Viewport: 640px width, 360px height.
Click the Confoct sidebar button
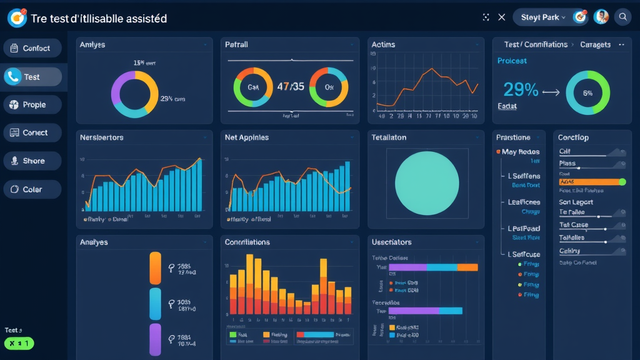(x=32, y=48)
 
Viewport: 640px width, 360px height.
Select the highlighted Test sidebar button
(x=32, y=77)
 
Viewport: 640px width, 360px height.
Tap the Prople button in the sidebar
(x=32, y=104)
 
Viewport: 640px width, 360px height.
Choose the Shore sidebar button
(x=32, y=161)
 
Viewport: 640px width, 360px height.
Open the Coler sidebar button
(x=32, y=189)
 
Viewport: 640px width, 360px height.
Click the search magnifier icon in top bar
(x=622, y=17)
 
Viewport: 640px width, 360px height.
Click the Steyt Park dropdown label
(x=541, y=17)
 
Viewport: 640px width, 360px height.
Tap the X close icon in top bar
(x=501, y=17)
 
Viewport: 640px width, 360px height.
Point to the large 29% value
(x=520, y=90)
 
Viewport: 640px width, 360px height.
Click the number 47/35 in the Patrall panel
(x=291, y=87)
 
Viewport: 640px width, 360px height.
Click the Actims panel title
(x=383, y=45)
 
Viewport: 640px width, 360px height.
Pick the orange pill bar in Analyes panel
(x=156, y=268)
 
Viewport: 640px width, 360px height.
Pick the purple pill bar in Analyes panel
(x=156, y=339)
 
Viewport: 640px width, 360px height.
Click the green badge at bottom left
(x=19, y=344)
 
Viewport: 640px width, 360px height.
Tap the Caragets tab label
(x=595, y=45)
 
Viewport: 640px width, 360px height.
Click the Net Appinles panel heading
(x=246, y=137)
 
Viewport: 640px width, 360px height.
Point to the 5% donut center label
(x=587, y=92)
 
